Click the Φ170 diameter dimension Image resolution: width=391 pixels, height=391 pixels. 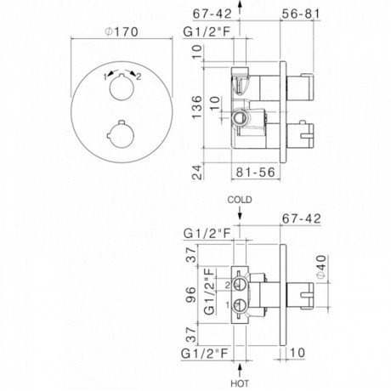122,31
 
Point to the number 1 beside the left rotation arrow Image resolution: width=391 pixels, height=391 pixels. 105,76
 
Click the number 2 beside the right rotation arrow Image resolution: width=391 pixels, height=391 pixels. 139,76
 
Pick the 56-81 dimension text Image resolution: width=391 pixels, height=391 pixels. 301,14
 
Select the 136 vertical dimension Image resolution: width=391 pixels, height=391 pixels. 197,107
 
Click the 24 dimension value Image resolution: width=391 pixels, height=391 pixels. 197,172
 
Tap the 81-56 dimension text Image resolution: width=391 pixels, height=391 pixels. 256,172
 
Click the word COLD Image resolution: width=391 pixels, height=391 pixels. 240,200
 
